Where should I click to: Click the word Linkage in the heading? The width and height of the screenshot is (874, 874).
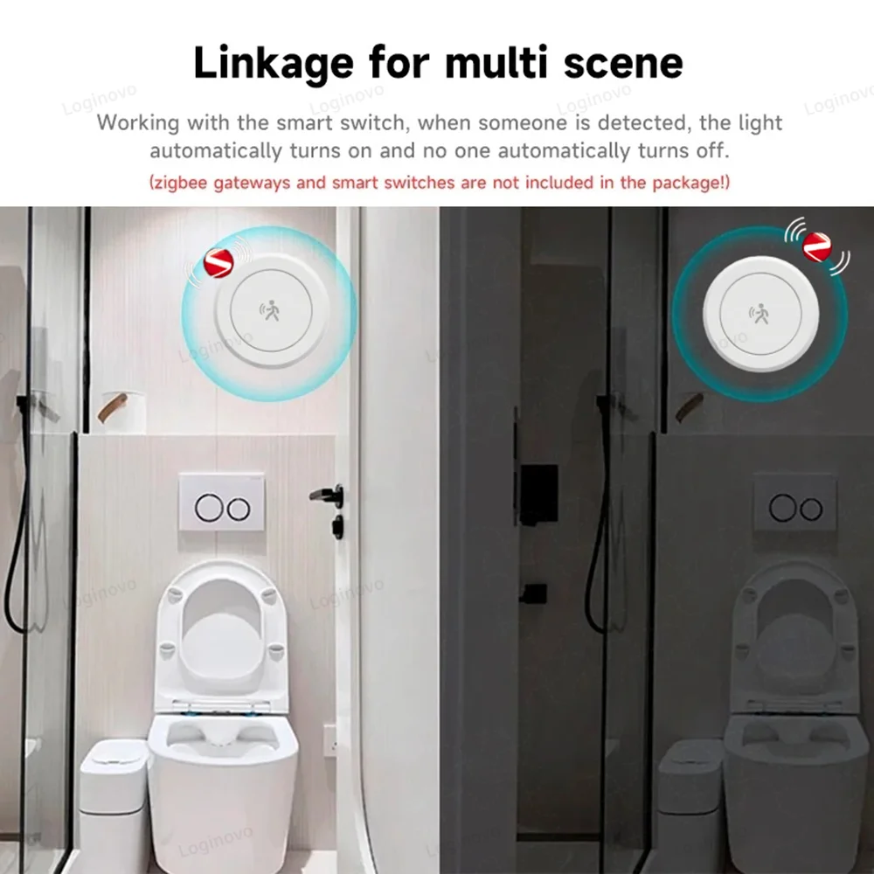pos(273,64)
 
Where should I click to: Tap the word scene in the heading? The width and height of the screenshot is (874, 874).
pos(623,62)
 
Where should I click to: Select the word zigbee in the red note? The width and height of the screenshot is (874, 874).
pos(181,184)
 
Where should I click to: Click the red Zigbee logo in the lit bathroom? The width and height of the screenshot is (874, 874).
pos(218,262)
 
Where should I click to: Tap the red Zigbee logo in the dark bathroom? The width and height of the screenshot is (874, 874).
pos(817,246)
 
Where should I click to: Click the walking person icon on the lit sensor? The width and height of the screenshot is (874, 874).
pos(270,310)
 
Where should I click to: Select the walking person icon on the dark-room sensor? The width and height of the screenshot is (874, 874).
pos(760,315)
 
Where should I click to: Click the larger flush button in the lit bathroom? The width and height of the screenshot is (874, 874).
pos(209,508)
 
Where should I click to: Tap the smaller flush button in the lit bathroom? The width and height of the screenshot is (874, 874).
pos(239,509)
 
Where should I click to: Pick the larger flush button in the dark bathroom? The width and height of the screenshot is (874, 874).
pos(782,508)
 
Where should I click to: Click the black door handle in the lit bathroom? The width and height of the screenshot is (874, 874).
pos(329,495)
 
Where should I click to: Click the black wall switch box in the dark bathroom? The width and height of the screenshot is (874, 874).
pos(538,494)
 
